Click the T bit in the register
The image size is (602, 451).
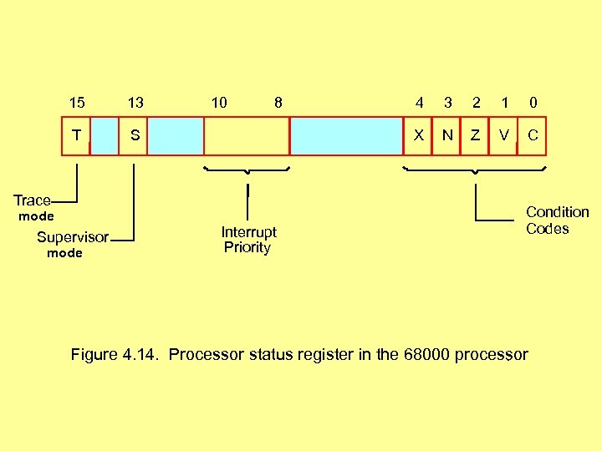(x=76, y=135)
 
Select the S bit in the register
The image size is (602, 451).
(x=134, y=135)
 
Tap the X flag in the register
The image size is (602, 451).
(x=418, y=135)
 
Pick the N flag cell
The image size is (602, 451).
(x=447, y=135)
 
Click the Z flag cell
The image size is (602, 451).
(x=475, y=135)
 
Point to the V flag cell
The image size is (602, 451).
(x=503, y=135)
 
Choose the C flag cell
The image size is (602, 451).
(x=533, y=135)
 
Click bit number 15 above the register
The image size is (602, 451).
(x=76, y=103)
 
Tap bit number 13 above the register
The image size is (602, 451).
(x=135, y=103)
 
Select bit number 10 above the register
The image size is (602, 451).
(x=219, y=103)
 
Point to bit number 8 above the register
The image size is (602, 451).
(x=278, y=103)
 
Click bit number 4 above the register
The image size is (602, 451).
(x=420, y=103)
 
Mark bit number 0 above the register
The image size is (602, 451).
(x=533, y=103)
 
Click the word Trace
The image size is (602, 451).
(x=32, y=200)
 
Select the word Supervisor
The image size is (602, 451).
(x=72, y=237)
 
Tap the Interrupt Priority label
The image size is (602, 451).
(x=248, y=239)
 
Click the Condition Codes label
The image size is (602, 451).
(x=557, y=220)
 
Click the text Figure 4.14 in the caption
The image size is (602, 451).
(x=116, y=354)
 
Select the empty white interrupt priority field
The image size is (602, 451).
(x=247, y=136)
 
